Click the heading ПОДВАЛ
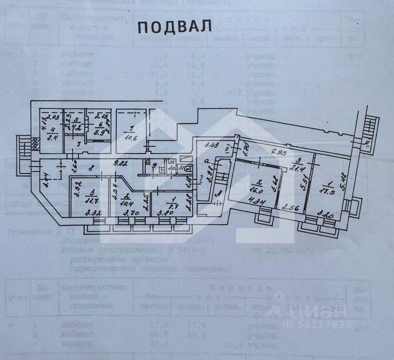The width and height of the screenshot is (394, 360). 175,27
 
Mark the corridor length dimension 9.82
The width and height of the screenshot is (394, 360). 122,164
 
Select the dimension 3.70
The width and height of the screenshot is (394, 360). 124,213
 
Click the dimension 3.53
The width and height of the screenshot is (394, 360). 211,144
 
